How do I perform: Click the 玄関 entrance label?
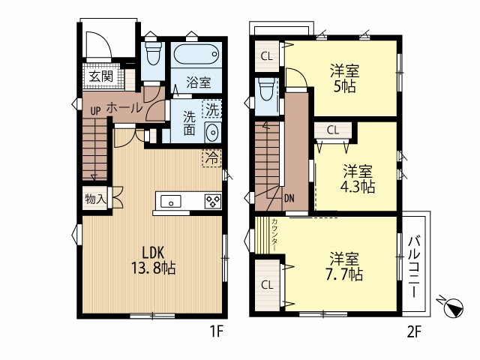[101, 76]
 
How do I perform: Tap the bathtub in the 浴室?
[196, 54]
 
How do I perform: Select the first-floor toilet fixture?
[153, 53]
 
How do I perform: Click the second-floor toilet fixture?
[267, 89]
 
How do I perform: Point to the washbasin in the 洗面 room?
[211, 132]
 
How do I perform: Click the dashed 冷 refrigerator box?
[211, 158]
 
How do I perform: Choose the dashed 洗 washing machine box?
[211, 109]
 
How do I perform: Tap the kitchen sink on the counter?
[171, 202]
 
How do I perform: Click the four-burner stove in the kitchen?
[213, 202]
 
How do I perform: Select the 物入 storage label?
[95, 199]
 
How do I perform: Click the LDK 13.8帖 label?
[153, 260]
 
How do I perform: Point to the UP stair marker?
[95, 111]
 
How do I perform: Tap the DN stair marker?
[289, 198]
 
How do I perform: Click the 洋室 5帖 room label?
[345, 79]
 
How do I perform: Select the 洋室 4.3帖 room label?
[358, 178]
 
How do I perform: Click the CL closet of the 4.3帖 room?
[333, 130]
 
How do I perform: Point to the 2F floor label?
[414, 332]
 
